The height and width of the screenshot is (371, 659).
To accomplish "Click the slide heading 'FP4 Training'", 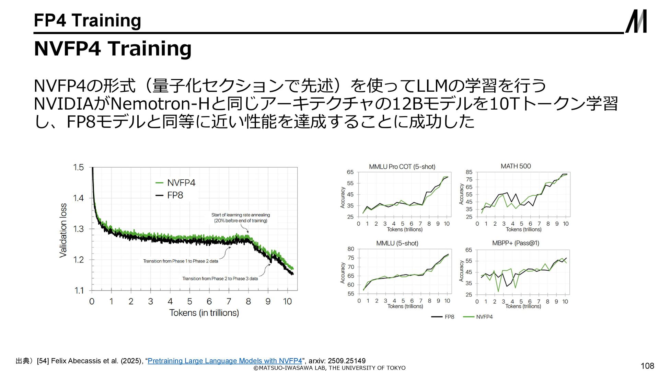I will pyautogui.click(x=88, y=20).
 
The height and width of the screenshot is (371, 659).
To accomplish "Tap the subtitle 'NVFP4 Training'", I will pyautogui.click(x=113, y=48).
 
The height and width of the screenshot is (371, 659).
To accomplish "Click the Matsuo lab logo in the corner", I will pyautogui.click(x=636, y=21).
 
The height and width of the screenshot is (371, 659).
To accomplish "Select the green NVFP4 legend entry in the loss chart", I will pyautogui.click(x=176, y=183).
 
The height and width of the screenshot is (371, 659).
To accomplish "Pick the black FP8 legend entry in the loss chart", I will pyautogui.click(x=170, y=195).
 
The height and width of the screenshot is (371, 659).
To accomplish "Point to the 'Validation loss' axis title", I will pyautogui.click(x=63, y=230).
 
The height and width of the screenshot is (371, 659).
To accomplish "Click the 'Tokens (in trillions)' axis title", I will pyautogui.click(x=204, y=313).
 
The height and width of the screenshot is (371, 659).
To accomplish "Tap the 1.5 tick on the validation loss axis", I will pyautogui.click(x=78, y=167).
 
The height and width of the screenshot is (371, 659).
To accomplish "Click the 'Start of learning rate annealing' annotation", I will pyautogui.click(x=241, y=218).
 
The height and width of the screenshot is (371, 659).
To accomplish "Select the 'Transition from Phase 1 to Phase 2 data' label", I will pyautogui.click(x=181, y=261).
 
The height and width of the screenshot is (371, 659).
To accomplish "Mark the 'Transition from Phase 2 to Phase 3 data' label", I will pyautogui.click(x=220, y=279).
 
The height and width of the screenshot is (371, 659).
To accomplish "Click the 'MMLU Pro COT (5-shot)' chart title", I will pyautogui.click(x=402, y=167).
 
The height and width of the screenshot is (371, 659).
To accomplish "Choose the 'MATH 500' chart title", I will pyautogui.click(x=516, y=166).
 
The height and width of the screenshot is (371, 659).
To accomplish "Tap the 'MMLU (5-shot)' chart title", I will pyautogui.click(x=397, y=244).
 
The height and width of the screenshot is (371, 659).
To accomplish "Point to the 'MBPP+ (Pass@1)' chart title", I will pyautogui.click(x=516, y=243).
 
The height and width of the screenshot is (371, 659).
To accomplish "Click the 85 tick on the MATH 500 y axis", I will pyautogui.click(x=469, y=172).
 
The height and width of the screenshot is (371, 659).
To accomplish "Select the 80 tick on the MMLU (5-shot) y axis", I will pyautogui.click(x=350, y=249).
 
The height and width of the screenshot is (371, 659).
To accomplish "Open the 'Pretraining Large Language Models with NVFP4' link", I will pyautogui.click(x=224, y=361).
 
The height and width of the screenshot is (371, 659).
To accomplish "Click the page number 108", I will pyautogui.click(x=647, y=366).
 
